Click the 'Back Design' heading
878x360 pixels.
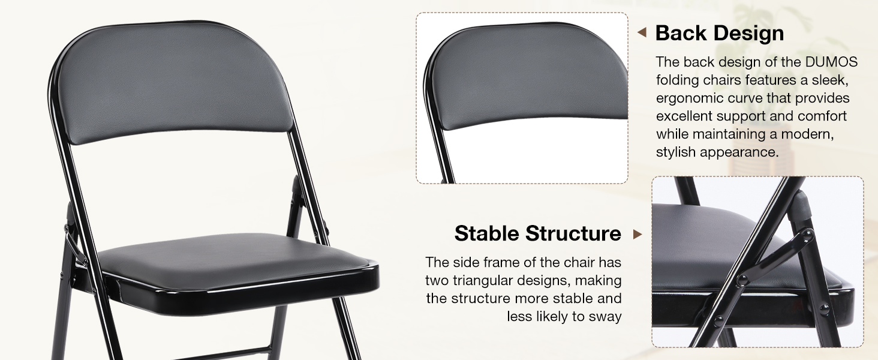(719, 33)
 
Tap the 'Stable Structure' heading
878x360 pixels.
(537, 233)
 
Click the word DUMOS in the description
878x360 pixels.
(835, 62)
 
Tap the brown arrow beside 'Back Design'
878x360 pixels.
(642, 32)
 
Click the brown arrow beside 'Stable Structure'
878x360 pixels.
(638, 234)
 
